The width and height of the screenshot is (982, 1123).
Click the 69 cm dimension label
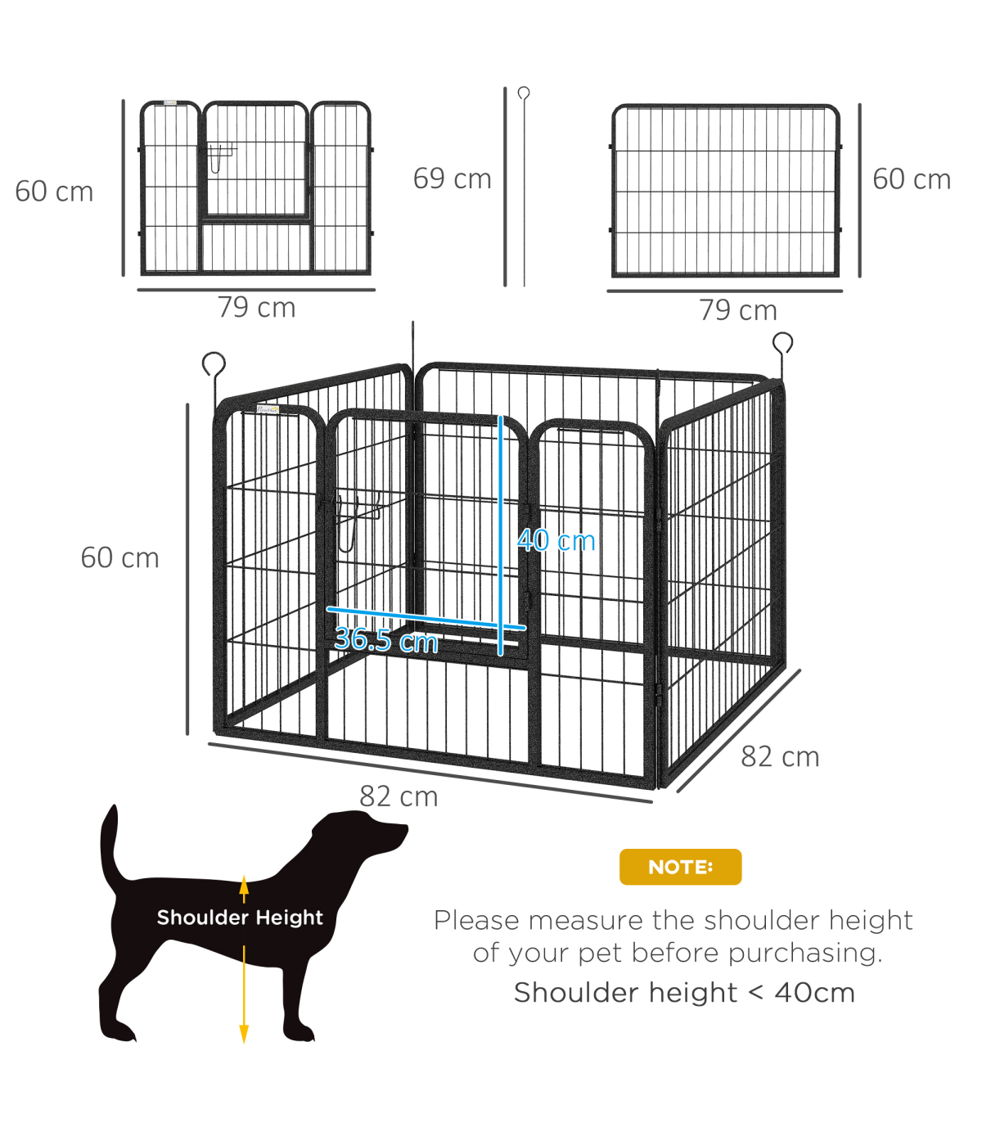(x=452, y=179)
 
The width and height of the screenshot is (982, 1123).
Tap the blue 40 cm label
(x=556, y=541)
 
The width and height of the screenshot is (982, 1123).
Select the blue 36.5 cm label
(x=386, y=640)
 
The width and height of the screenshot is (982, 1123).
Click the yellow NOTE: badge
(x=680, y=868)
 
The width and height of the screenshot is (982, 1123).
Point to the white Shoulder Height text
(x=240, y=918)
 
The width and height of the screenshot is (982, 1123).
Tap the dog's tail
(x=112, y=846)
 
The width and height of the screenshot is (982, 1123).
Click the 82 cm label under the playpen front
(x=399, y=797)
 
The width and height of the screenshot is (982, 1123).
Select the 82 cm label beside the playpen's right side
(x=780, y=757)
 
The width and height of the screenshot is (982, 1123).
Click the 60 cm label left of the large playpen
(x=119, y=558)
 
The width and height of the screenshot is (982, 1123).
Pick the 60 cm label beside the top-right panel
(x=912, y=179)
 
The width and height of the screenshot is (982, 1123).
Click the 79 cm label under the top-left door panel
(x=257, y=308)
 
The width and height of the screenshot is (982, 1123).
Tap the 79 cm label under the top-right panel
(x=738, y=311)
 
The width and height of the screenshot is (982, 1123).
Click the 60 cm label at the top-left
(x=54, y=192)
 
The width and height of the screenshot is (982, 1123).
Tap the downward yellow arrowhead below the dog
(x=244, y=1034)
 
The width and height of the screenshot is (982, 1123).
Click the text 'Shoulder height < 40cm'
(x=684, y=992)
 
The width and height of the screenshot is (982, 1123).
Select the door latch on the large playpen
(x=351, y=521)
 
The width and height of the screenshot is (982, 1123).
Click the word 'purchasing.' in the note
(x=805, y=954)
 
